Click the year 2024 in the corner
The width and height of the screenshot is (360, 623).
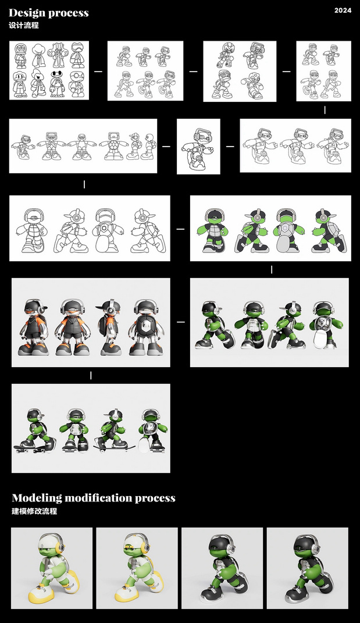pos(343,10)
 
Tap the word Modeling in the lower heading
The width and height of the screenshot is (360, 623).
pos(37,498)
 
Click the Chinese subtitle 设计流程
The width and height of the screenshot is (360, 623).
pos(24,26)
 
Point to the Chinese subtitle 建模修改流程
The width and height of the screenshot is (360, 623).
pos(34,511)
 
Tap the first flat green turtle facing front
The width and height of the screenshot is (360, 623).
pos(213,231)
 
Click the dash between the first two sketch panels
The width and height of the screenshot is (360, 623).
pos(98,72)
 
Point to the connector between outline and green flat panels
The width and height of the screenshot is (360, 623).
pos(180,229)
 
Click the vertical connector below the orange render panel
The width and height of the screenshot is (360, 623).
pos(91,375)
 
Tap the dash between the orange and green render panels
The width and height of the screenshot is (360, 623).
pos(180,322)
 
